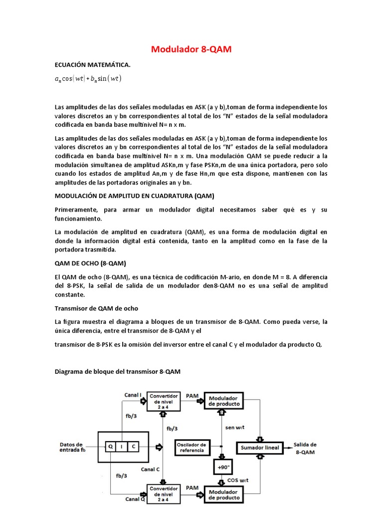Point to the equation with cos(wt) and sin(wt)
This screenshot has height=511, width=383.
click(x=88, y=79)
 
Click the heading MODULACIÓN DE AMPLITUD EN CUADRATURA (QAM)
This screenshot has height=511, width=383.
click(x=134, y=195)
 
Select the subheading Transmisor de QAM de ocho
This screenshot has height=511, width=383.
click(x=96, y=308)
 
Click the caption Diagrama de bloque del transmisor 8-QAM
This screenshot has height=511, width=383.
click(x=117, y=372)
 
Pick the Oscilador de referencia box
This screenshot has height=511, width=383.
click(x=191, y=447)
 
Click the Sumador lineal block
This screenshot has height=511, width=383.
click(x=260, y=447)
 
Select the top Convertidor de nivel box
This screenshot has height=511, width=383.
click(x=164, y=401)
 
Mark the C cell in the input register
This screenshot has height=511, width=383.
click(x=133, y=447)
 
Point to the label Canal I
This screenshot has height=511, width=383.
click(x=133, y=395)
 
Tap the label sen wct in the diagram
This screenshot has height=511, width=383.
click(x=236, y=428)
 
